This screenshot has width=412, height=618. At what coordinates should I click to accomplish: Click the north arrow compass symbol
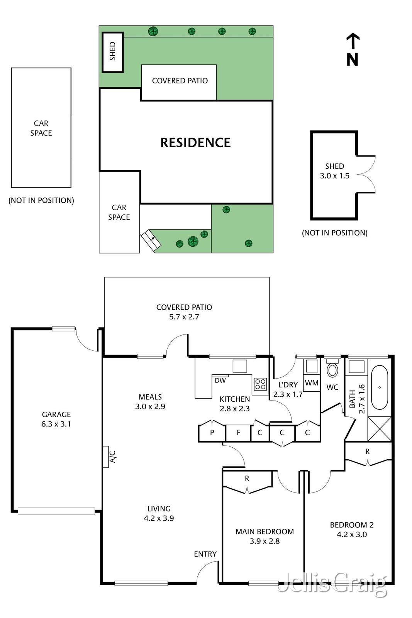click(353, 50)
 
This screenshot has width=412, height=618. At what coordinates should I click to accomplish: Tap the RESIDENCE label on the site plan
click(195, 143)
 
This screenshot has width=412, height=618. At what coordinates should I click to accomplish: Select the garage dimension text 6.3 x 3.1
click(56, 424)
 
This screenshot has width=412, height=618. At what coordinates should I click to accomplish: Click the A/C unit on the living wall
click(106, 457)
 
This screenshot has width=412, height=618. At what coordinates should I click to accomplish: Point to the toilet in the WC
click(332, 369)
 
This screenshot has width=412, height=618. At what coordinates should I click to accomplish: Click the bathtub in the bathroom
click(380, 388)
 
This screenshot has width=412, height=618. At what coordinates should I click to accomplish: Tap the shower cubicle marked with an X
click(380, 429)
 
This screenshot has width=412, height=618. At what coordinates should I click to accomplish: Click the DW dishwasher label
click(220, 381)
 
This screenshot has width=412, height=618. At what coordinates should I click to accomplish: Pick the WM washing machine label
click(312, 383)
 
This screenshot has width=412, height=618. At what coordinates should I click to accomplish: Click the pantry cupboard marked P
click(212, 432)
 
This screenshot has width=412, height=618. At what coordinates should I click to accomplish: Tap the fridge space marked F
click(239, 433)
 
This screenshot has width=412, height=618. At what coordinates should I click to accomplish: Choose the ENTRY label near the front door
click(205, 554)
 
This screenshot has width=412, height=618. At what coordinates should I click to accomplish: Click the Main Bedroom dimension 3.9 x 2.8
click(265, 541)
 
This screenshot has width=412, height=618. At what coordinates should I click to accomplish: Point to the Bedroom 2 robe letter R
click(367, 452)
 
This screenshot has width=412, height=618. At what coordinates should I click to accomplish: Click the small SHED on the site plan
click(112, 52)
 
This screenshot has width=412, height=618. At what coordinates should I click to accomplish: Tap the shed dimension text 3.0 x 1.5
click(334, 176)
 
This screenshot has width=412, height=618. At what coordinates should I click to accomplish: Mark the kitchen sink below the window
click(240, 366)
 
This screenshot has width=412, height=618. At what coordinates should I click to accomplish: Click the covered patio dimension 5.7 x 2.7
click(184, 317)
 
